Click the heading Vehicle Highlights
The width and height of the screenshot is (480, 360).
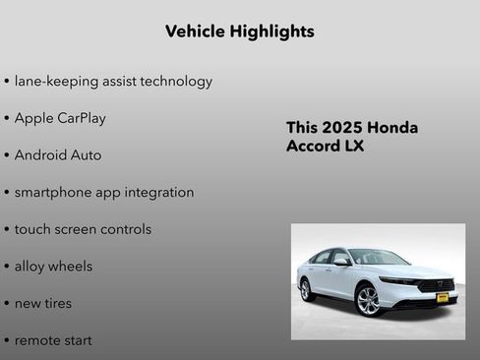[240, 31]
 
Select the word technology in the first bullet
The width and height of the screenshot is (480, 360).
[174, 81]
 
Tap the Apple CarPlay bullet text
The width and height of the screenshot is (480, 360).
[60, 118]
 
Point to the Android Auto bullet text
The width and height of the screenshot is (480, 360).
[57, 155]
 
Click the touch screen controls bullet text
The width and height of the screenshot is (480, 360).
[83, 229]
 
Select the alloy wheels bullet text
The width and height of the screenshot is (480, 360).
[53, 267]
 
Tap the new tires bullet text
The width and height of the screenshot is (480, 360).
[42, 303]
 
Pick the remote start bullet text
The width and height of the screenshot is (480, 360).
[53, 340]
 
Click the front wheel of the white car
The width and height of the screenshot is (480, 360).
[368, 300]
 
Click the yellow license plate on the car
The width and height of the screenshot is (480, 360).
[443, 297]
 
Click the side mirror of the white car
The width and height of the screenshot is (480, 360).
[341, 263]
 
